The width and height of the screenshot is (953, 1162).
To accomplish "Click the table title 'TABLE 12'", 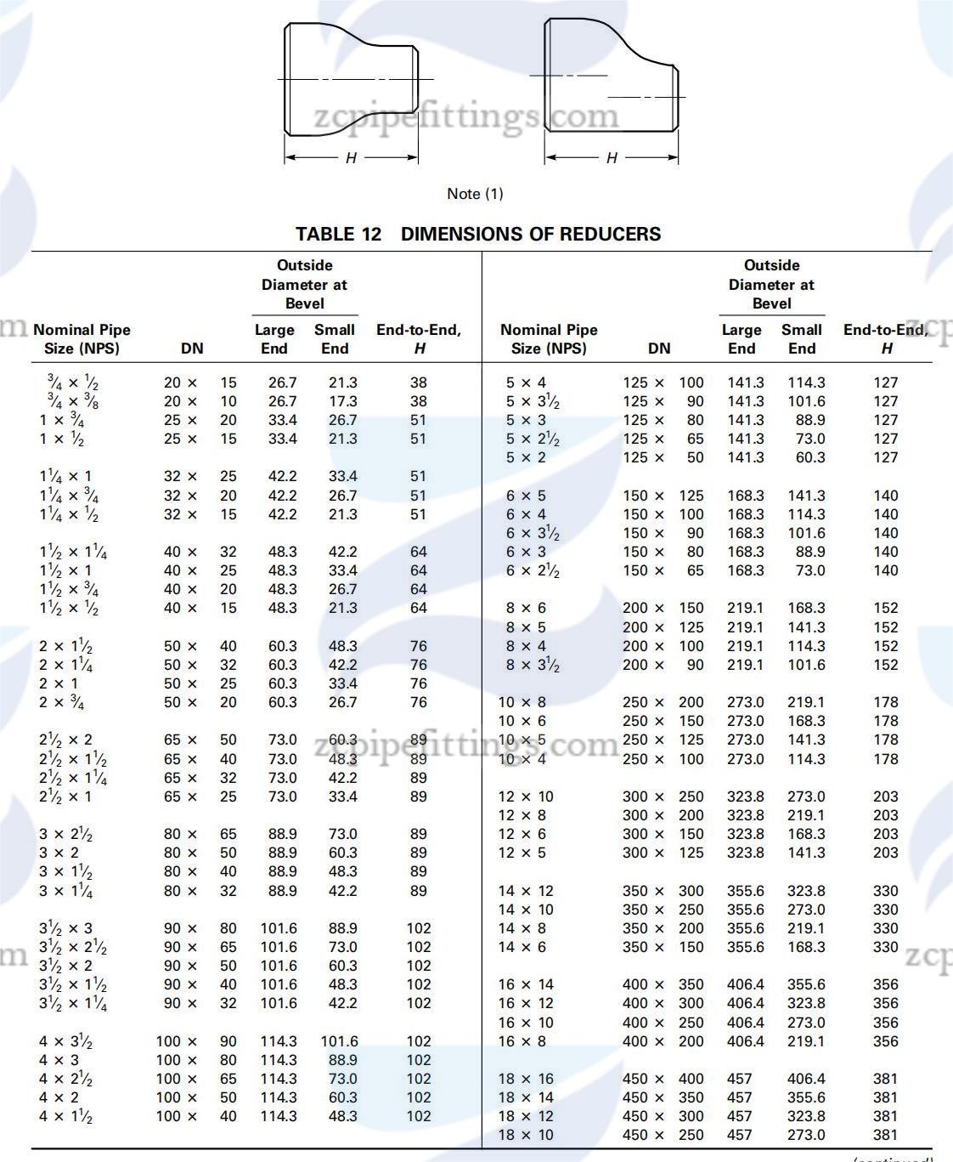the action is [338, 234].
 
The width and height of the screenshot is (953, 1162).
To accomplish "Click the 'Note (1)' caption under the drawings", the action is [475, 194].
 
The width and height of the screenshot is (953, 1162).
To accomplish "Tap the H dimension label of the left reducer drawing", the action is [351, 158].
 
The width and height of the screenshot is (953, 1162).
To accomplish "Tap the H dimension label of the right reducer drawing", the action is [612, 158].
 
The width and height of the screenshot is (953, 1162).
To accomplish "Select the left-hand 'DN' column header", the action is [192, 349].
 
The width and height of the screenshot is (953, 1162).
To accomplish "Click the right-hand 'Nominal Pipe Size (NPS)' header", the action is [549, 338].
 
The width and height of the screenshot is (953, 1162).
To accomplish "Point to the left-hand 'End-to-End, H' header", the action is [419, 338].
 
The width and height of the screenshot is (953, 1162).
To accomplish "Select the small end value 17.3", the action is [343, 401].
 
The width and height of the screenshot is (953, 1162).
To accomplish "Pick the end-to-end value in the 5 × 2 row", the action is [885, 457].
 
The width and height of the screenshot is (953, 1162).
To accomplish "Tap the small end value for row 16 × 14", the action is [806, 984].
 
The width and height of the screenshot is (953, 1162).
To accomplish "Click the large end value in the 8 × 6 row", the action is [746, 608].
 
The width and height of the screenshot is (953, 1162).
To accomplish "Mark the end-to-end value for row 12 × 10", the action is [885, 796].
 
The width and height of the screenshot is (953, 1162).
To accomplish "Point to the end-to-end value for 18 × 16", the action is [885, 1079].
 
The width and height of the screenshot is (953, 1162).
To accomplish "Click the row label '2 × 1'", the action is [59, 683].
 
